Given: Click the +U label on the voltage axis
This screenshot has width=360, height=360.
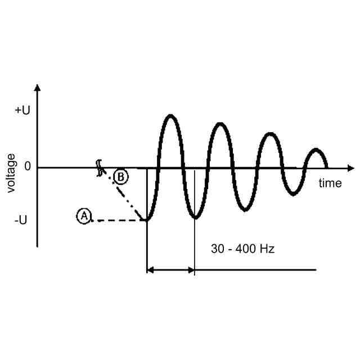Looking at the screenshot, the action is point(22,110).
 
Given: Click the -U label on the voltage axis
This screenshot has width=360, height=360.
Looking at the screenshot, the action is point(20,220).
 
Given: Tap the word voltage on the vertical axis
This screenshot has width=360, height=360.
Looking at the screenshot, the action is point(11,173).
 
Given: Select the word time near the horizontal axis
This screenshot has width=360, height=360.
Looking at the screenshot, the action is point(330,183).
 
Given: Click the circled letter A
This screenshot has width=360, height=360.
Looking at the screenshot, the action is point(84,215).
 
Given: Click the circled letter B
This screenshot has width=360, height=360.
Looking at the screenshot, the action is point(120,177).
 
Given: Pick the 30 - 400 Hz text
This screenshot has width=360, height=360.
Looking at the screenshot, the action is point(242,248).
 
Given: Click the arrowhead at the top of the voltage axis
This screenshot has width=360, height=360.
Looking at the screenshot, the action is point(37,88).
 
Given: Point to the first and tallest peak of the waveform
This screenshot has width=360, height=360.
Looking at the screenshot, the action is point(170,116).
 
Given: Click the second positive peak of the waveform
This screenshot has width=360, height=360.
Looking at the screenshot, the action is point(220,124).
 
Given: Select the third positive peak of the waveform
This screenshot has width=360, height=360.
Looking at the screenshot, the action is point(271,134).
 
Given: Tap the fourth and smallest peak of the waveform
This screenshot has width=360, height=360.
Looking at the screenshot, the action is point(317,150).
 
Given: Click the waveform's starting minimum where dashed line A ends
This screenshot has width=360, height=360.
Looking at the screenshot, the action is point(147,220).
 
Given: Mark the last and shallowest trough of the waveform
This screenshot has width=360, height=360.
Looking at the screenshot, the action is point(292,194).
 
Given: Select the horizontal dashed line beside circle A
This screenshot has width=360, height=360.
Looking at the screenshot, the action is point(118,220).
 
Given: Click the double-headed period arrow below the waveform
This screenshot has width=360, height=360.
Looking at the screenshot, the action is point(170,271).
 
